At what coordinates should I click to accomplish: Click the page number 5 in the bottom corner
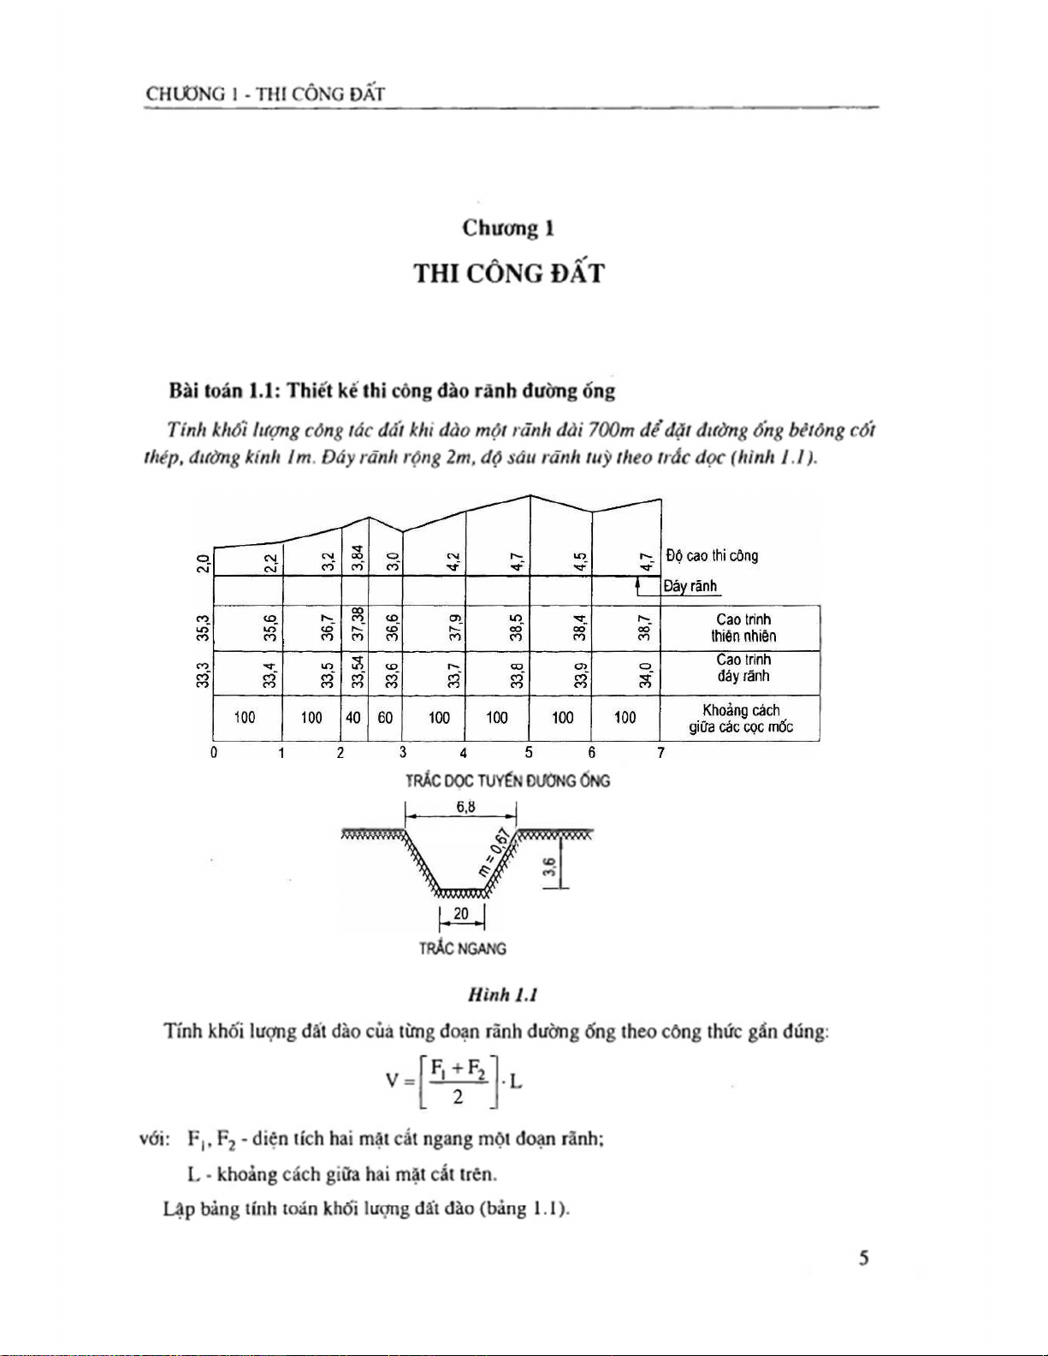click(x=864, y=1258)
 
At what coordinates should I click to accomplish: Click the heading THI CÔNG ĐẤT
click(x=509, y=274)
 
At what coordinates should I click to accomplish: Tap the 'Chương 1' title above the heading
click(x=508, y=228)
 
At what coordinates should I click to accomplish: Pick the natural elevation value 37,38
click(x=358, y=628)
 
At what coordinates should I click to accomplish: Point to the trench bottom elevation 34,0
click(x=647, y=674)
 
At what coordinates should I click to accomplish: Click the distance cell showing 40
click(x=353, y=718)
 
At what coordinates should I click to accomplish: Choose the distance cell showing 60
click(x=385, y=718)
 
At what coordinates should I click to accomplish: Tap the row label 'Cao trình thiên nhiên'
click(x=743, y=628)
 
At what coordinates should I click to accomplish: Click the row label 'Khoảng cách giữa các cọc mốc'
click(x=741, y=719)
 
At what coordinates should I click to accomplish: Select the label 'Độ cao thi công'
click(x=712, y=556)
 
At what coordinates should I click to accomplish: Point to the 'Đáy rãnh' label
click(x=690, y=587)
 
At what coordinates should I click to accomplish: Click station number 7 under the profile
click(x=660, y=753)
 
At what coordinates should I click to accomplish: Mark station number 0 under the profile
click(x=214, y=753)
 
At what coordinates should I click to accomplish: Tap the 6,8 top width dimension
click(x=465, y=807)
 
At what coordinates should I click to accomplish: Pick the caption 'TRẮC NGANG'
click(x=462, y=949)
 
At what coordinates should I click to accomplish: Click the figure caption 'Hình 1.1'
click(x=502, y=995)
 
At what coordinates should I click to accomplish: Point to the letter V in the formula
click(x=392, y=1081)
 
